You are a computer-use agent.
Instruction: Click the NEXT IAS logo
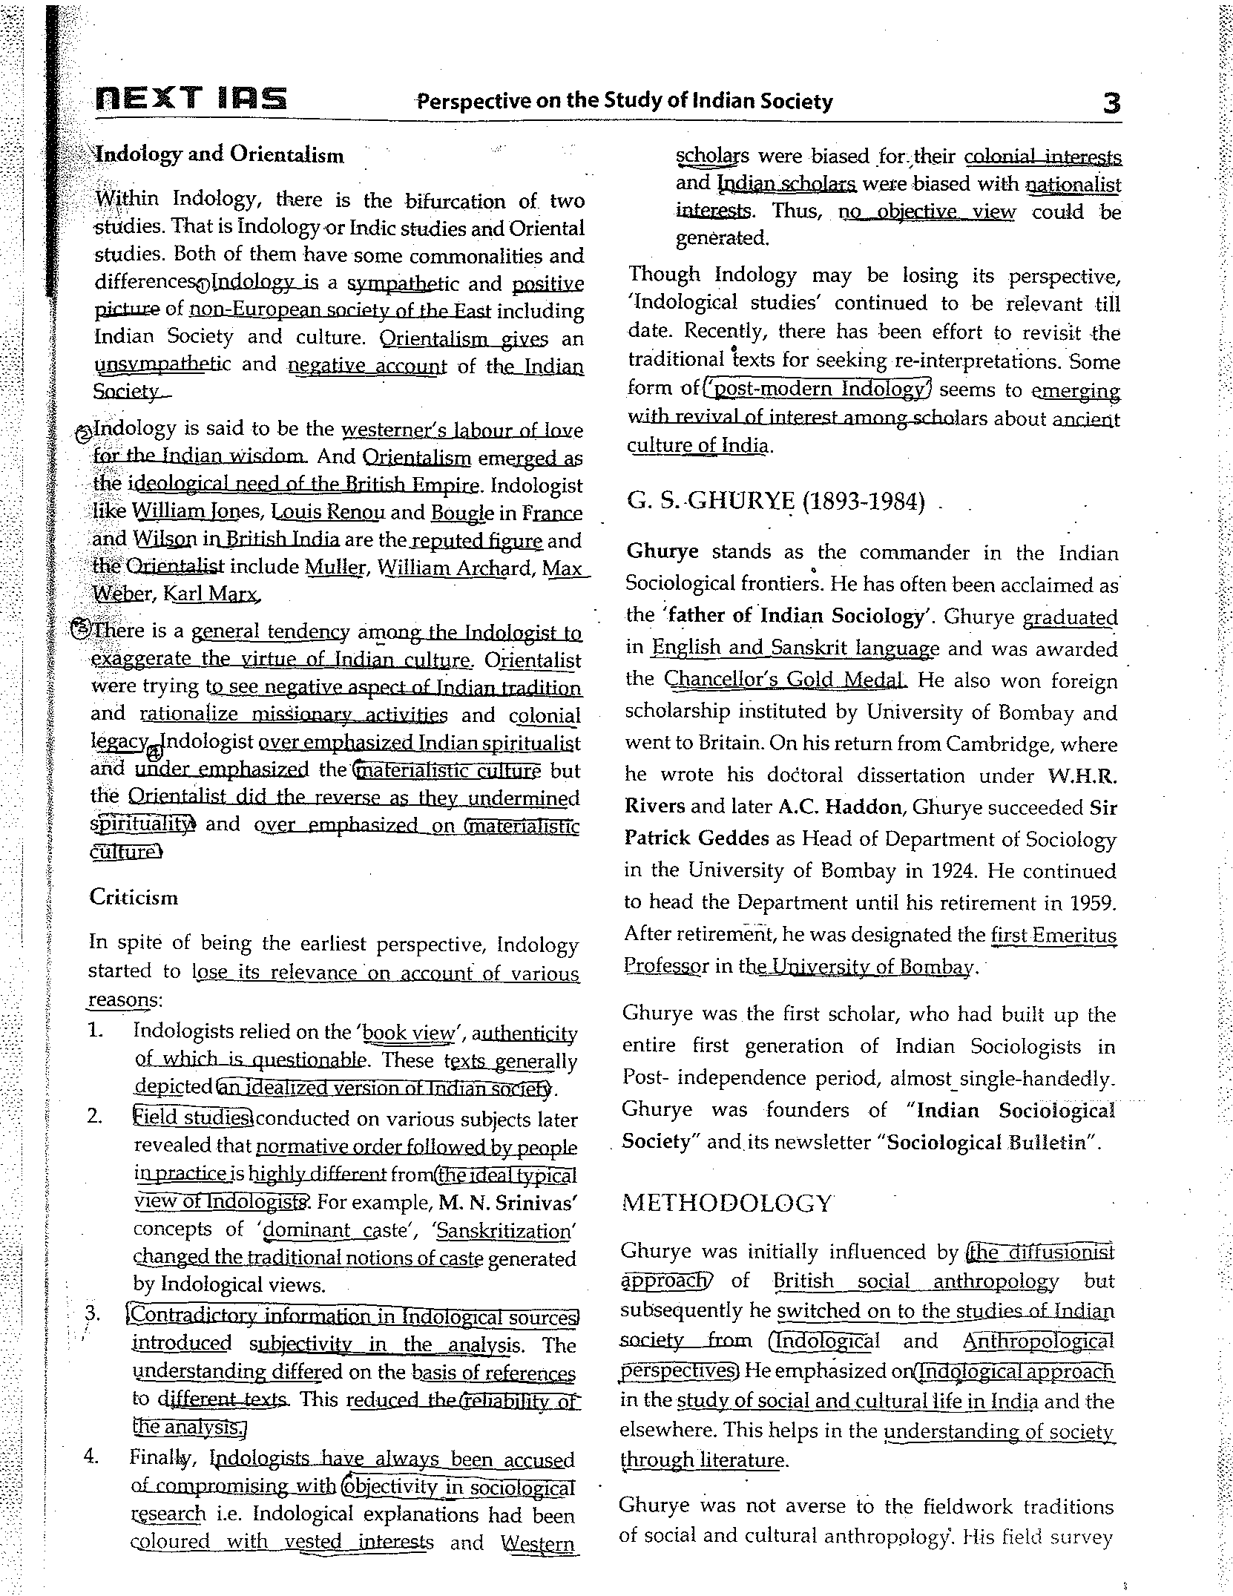pos(191,99)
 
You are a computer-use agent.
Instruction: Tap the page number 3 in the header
pos(1111,102)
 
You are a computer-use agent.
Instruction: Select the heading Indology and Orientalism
pos(220,155)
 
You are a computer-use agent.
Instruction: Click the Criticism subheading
pos(134,898)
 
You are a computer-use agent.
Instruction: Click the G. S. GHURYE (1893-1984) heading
pos(776,502)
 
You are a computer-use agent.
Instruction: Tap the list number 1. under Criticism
pos(94,1031)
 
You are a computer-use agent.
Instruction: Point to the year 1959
pos(1091,903)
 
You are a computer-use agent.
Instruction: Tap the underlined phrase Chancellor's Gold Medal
pos(785,680)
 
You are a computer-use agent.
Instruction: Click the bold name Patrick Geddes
pos(697,838)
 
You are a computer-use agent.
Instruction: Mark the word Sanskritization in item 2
pos(503,1232)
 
